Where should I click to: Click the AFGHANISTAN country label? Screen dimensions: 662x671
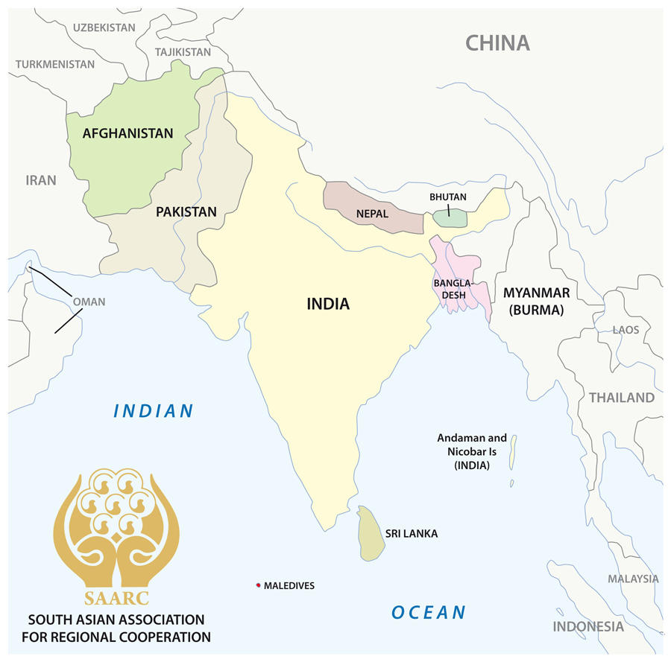[127, 134]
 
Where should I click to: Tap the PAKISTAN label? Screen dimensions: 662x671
[186, 212]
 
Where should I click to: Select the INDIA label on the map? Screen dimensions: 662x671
[328, 304]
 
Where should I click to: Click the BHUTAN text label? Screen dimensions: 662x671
[448, 197]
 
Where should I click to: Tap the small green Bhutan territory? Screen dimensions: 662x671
[450, 218]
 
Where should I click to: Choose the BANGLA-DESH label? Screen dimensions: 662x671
[452, 289]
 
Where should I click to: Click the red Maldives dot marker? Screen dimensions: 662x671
[258, 585]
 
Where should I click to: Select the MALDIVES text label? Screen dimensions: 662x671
[289, 586]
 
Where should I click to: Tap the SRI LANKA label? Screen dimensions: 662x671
[412, 534]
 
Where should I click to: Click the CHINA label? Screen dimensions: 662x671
[497, 43]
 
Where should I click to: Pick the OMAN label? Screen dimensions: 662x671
[89, 302]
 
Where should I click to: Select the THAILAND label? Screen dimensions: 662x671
[622, 398]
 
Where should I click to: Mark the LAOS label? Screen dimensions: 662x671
[626, 330]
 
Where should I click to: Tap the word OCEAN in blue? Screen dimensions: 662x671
[429, 613]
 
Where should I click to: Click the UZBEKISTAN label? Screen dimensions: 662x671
[104, 28]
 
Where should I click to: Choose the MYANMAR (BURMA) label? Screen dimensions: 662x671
[536, 301]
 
